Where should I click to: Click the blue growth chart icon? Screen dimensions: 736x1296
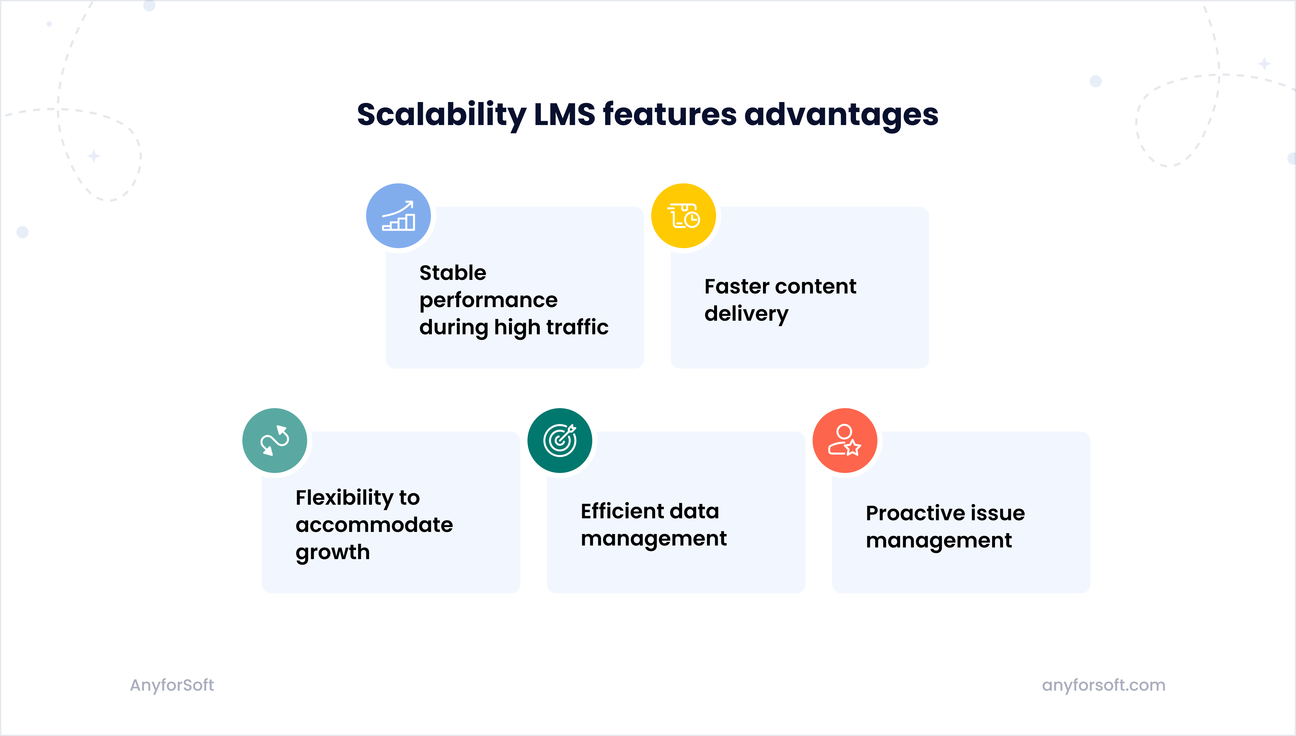398,216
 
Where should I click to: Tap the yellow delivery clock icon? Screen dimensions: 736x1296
683,216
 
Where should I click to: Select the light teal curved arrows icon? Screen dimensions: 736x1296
274,440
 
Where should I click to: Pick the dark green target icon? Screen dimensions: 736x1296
560,440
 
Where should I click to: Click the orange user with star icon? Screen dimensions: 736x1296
845,440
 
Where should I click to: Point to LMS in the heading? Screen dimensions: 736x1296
565,114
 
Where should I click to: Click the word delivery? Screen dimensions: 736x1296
746,314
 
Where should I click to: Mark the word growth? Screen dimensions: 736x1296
333,553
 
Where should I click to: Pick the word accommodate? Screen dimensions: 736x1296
374,525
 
